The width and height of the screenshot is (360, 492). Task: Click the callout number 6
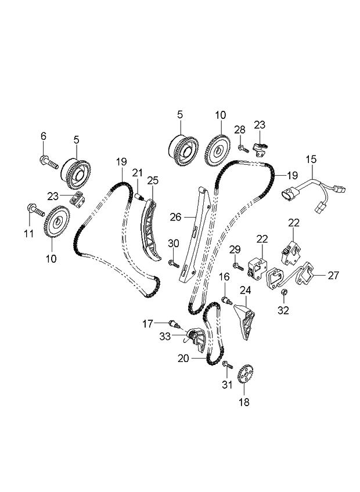pos(44,136)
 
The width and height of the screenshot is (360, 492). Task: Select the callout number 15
pos(311,160)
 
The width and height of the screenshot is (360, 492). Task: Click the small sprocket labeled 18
pos(246,375)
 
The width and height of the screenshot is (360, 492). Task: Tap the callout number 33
pos(165,337)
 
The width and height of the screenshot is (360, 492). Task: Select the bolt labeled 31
pos(228,364)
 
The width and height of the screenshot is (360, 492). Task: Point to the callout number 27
pos(333,276)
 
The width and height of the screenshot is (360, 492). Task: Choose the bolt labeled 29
pos(237,267)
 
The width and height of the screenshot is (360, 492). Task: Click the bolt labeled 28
pos(243,149)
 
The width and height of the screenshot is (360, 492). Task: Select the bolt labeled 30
pos(174,263)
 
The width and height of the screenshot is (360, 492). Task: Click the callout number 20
pos(183,359)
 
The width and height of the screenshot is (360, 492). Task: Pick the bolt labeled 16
pos(227,301)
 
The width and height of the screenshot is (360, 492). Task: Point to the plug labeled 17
pos(174,324)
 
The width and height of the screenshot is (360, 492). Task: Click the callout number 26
pos(176,217)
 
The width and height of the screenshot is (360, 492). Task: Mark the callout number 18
pos(244,402)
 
